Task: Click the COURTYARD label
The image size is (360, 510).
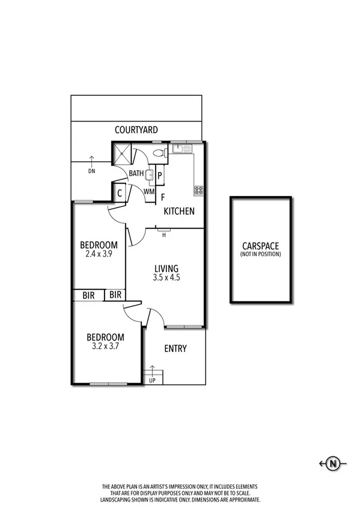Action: click(136, 129)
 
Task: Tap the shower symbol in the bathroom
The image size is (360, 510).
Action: click(123, 152)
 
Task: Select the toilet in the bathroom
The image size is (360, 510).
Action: click(159, 153)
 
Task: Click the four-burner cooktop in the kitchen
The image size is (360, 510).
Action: click(198, 190)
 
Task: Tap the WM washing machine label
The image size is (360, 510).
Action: click(149, 191)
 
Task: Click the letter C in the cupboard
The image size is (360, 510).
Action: click(120, 193)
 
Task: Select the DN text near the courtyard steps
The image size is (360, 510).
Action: click(91, 171)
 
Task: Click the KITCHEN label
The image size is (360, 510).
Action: click(180, 211)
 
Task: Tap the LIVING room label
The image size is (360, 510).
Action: click(166, 268)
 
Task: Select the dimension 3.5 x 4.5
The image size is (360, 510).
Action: click(166, 278)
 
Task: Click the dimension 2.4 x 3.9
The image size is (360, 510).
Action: click(99, 254)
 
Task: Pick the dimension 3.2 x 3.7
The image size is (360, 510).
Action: click(105, 346)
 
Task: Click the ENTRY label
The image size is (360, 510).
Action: click(175, 348)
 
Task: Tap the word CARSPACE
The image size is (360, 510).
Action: click(261, 245)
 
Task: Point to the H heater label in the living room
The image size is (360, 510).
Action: click(163, 235)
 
